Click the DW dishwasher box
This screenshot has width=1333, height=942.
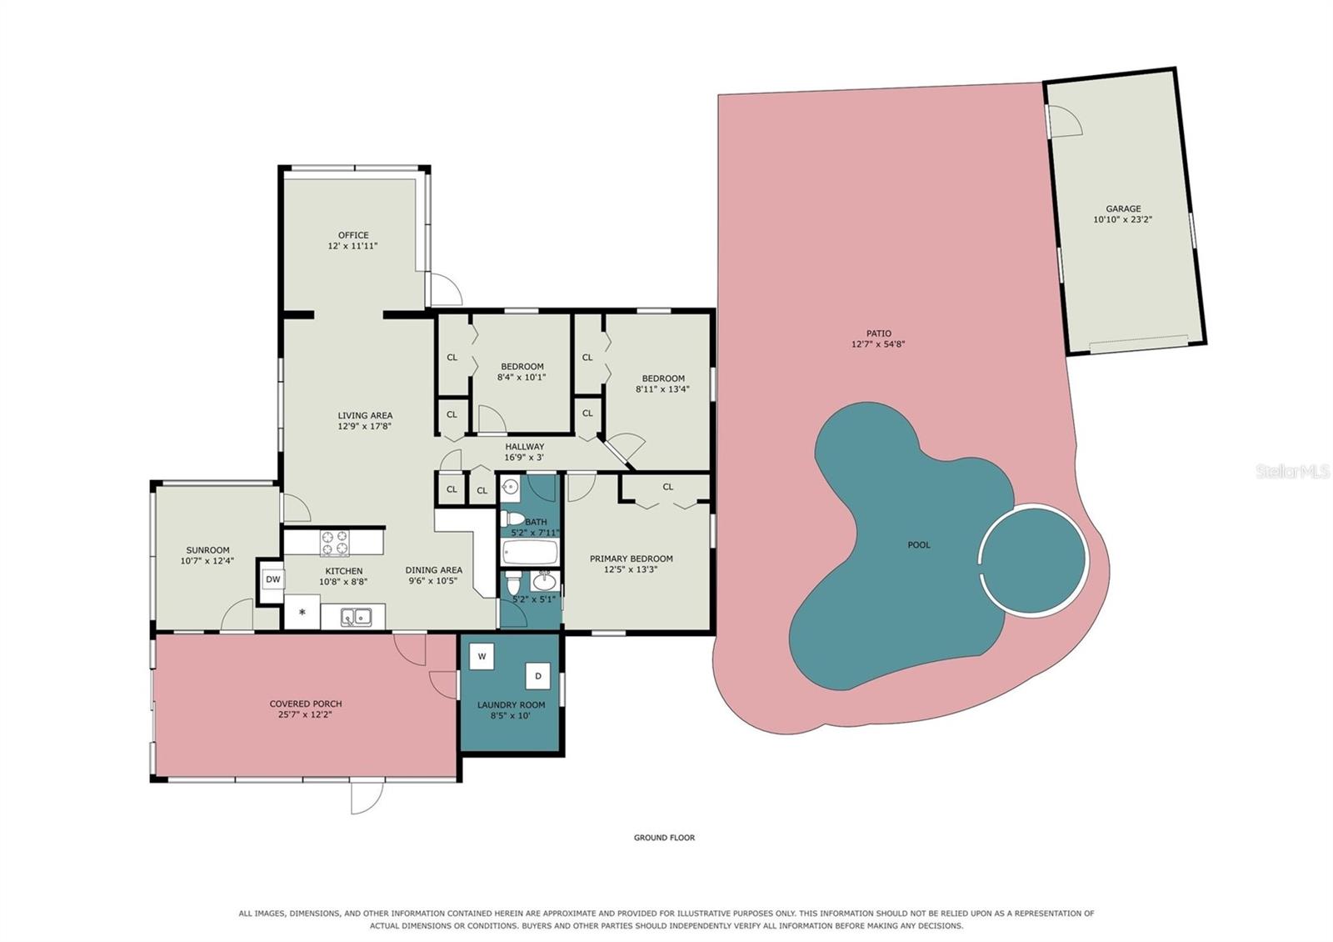point(272,579)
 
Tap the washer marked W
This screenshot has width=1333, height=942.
point(482,656)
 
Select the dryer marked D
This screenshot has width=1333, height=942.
point(538,676)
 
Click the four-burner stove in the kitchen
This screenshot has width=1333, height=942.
point(334,543)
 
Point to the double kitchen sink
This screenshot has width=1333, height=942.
point(356,617)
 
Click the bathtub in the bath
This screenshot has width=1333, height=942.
point(530,552)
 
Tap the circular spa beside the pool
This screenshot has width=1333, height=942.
point(1034,560)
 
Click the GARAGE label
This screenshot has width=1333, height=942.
point(1123,208)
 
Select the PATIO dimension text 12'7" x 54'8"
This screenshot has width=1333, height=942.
point(878,343)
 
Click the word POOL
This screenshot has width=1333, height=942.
point(918,545)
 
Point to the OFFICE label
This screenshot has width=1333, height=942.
point(353,235)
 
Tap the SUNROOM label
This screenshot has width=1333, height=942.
point(207,550)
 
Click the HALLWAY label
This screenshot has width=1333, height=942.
point(524,447)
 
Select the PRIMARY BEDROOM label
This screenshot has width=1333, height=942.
point(631,559)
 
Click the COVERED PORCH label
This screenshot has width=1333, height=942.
point(305,704)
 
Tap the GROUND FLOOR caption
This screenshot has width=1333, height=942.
point(664,837)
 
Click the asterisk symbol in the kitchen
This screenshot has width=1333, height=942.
point(302,612)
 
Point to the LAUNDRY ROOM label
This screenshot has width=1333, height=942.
point(511,705)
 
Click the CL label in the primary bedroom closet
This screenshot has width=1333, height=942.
point(667,487)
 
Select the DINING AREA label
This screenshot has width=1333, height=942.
point(433,570)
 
